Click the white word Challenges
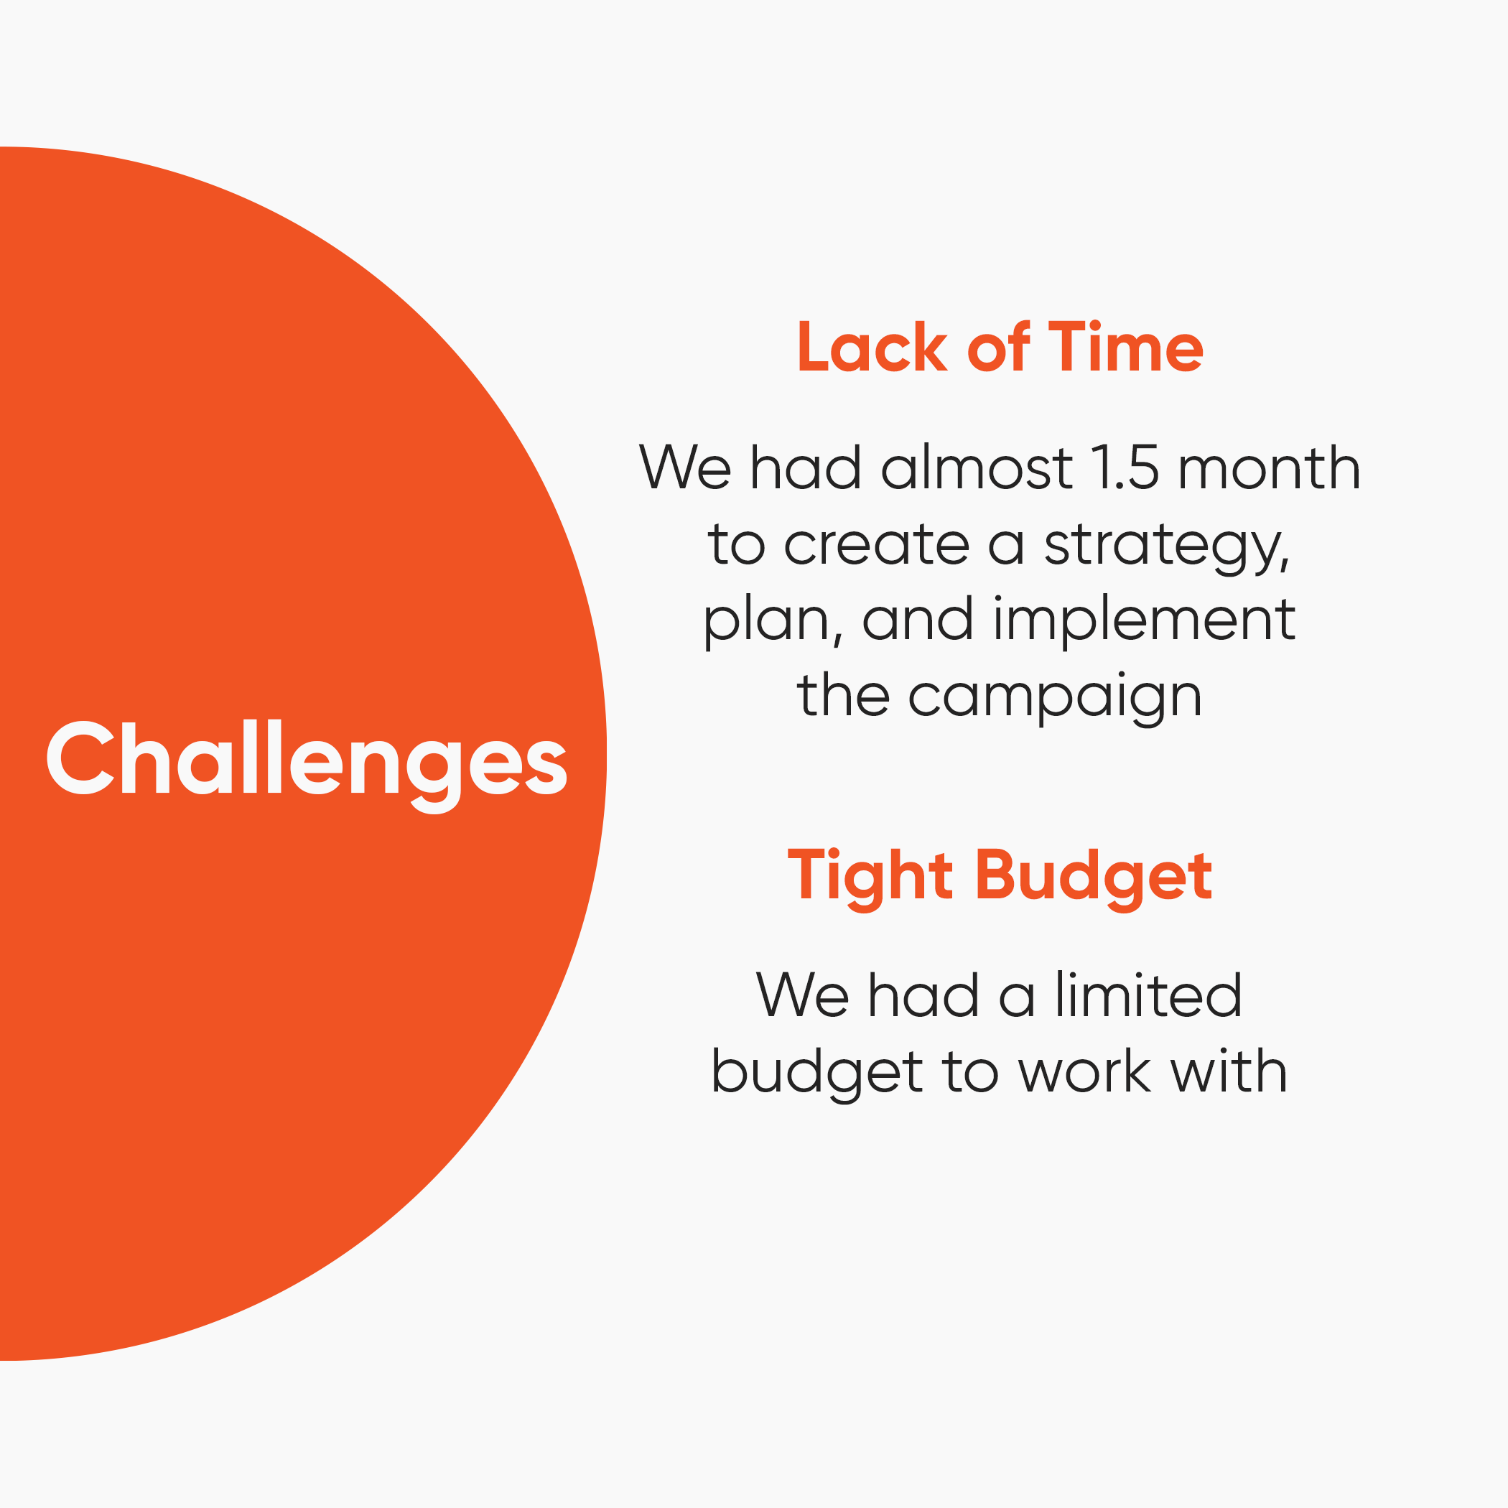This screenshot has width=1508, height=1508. coord(306,761)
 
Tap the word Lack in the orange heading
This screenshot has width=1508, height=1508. coord(871,348)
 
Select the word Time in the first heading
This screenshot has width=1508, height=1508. coord(1125,348)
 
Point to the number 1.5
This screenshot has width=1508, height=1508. coord(1124,468)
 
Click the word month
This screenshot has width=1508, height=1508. coord(1269,468)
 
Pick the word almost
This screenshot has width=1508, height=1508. coord(976,468)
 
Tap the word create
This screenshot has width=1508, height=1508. coord(877,544)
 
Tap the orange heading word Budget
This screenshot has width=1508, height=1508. coord(1094,877)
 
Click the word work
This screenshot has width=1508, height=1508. coord(1085,1072)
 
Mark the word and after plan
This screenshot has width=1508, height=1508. coord(917,620)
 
